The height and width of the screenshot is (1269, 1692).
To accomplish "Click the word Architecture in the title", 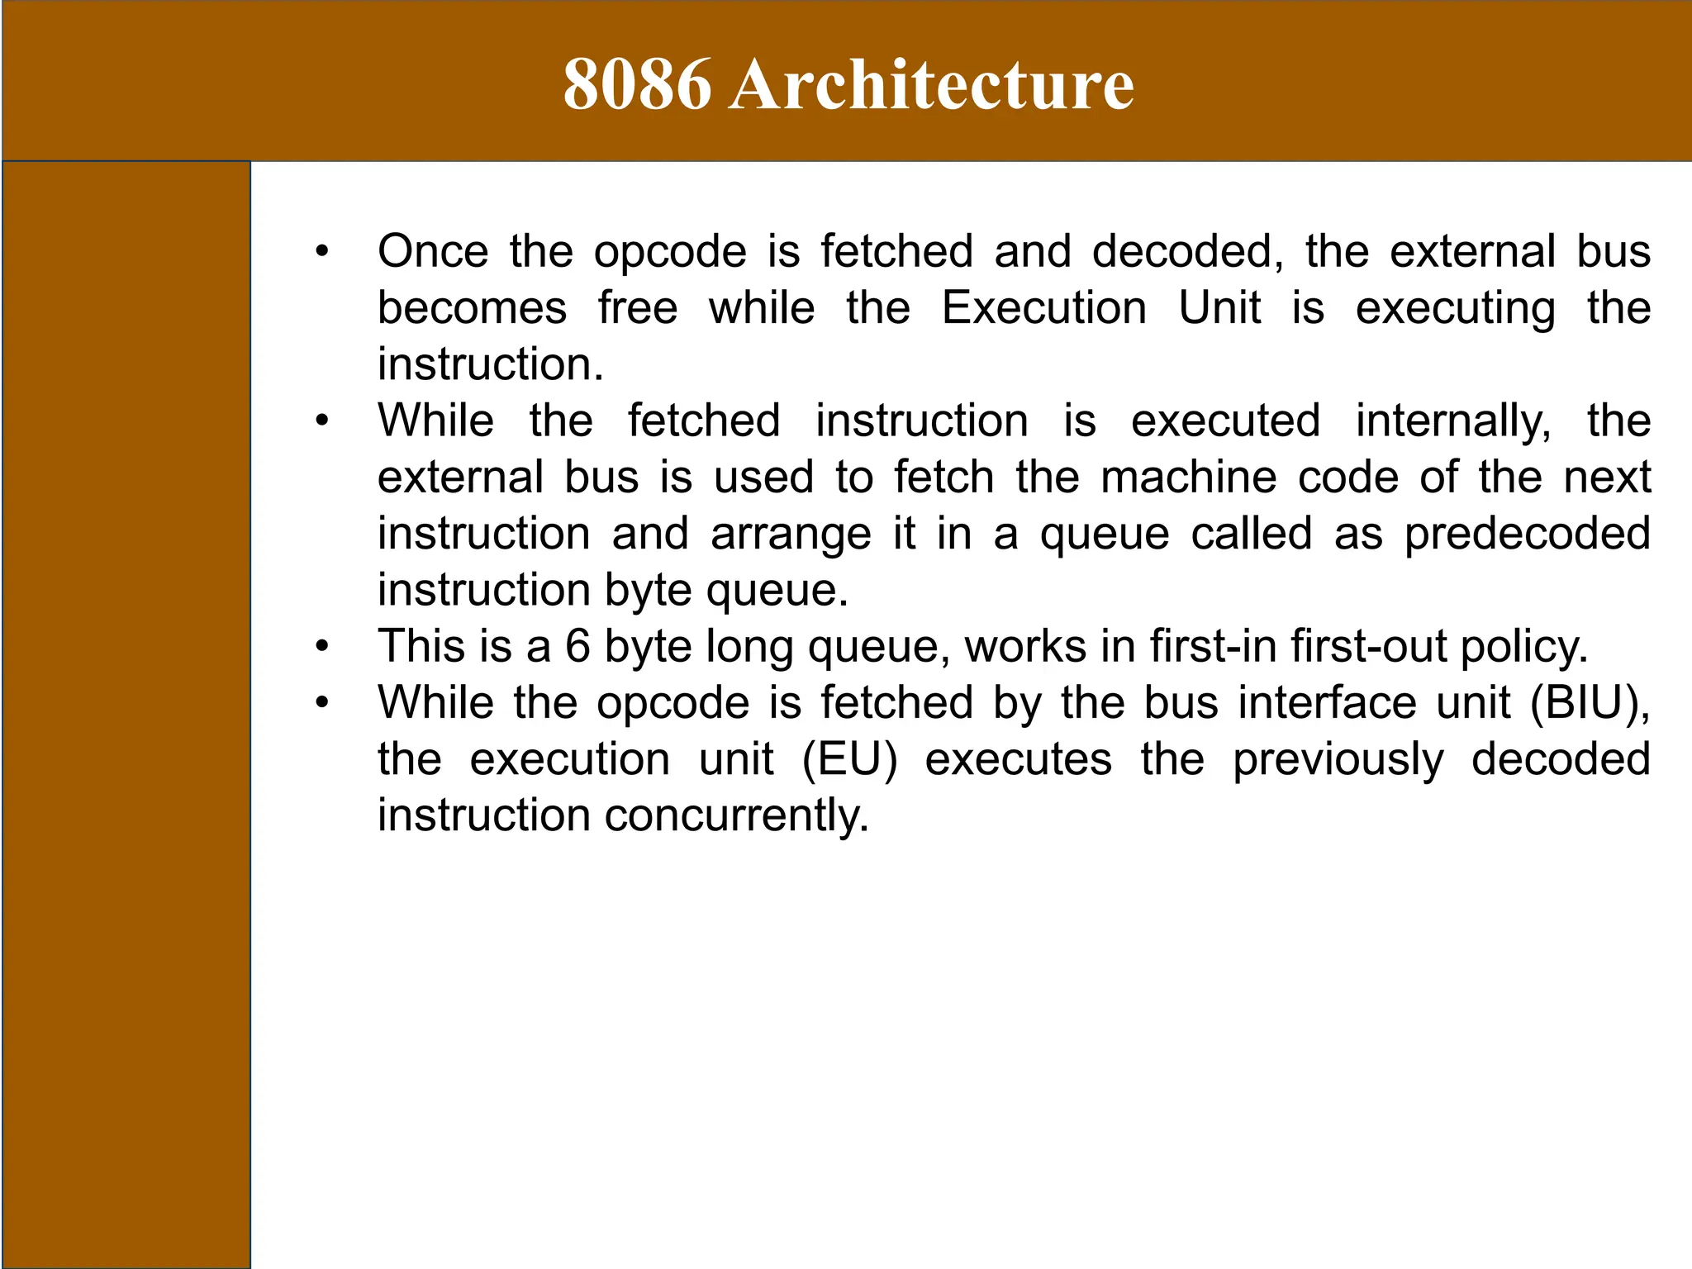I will coord(931,84).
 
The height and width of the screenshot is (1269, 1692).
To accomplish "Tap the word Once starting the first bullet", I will coord(433,251).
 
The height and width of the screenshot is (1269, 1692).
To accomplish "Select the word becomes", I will coord(472,308).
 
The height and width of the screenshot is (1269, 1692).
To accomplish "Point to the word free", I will coord(638,308).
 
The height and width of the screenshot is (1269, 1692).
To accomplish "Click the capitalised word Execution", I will coord(1044,308).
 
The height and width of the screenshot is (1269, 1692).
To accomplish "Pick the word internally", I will coord(1453,421).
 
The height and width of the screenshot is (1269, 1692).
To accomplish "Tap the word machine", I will coord(1190,478).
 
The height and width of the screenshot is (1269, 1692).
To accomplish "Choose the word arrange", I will coord(791,534).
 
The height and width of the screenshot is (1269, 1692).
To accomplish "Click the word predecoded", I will coord(1528,534).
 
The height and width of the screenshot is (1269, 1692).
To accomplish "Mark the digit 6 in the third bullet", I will coord(577,646).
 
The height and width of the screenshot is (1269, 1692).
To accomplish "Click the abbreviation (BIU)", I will coord(1590,703).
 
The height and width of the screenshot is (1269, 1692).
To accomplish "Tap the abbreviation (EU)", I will coord(849,759).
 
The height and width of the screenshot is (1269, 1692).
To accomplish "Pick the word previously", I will coord(1338,759).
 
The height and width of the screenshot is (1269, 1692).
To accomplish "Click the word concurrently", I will coord(737,815).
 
